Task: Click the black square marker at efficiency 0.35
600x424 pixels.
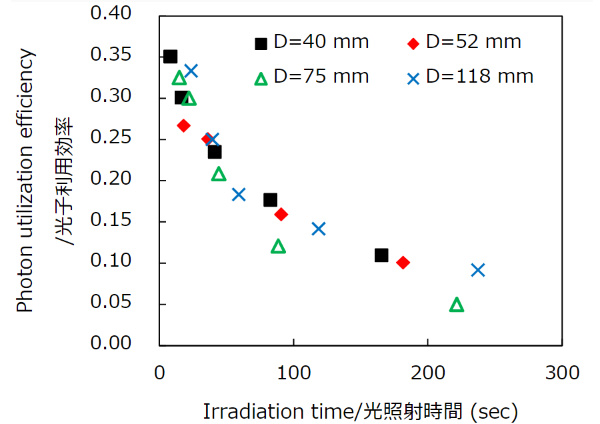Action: pyautogui.click(x=170, y=57)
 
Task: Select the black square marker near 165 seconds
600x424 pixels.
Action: pyautogui.click(x=381, y=255)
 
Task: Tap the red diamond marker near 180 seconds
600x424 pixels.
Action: pyautogui.click(x=403, y=263)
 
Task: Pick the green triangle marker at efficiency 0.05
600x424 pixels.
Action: pyautogui.click(x=457, y=305)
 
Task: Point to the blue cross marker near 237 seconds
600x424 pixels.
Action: pyautogui.click(x=477, y=270)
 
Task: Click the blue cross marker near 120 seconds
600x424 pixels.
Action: pyautogui.click(x=319, y=229)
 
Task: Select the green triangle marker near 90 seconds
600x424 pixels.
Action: pyautogui.click(x=279, y=247)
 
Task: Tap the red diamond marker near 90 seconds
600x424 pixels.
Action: pyautogui.click(x=281, y=214)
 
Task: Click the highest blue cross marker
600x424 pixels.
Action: pyautogui.click(x=191, y=71)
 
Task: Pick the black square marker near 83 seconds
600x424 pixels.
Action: pyautogui.click(x=270, y=200)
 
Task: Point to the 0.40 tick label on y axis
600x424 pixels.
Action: pyautogui.click(x=125, y=15)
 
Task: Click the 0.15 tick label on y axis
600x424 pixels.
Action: pyautogui.click(x=125, y=221)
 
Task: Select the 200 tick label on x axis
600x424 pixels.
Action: pyautogui.click(x=427, y=373)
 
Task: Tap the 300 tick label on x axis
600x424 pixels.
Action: pyautogui.click(x=562, y=373)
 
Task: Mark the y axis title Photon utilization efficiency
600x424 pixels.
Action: pyautogui.click(x=25, y=180)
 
